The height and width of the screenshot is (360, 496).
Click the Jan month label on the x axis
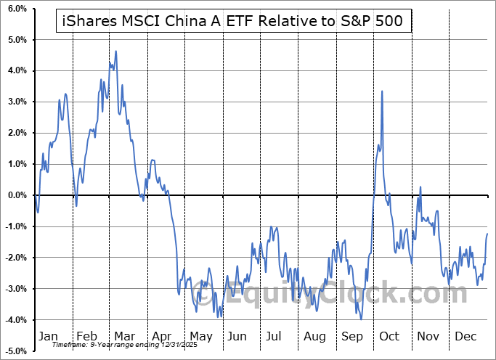tap(47, 337)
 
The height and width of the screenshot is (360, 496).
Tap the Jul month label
tap(275, 337)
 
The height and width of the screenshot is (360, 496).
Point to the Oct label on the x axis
tap(389, 337)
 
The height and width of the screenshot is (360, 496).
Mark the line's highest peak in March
tap(115, 52)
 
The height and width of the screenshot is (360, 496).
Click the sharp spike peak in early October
tap(382, 91)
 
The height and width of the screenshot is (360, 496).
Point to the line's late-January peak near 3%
tap(65, 94)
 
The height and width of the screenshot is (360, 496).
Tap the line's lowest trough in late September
tap(361, 318)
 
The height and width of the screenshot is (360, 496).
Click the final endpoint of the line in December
tap(487, 233)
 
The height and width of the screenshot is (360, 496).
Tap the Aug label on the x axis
tap(315, 337)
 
